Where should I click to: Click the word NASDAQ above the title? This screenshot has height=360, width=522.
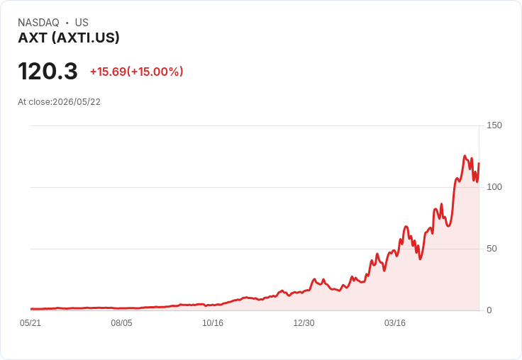click(x=38, y=23)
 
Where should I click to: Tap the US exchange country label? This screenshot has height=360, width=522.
click(x=82, y=23)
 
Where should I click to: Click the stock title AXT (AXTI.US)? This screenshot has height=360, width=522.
click(x=69, y=38)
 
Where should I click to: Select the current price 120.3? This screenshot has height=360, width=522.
click(x=48, y=71)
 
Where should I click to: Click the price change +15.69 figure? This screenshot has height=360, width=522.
click(x=109, y=72)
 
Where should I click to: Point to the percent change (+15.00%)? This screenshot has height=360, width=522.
click(x=155, y=72)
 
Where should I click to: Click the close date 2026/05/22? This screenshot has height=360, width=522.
click(x=77, y=102)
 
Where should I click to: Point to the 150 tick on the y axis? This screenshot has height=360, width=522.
click(x=494, y=125)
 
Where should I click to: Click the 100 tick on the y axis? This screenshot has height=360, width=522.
click(x=494, y=187)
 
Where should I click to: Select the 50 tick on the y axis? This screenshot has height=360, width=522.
click(x=492, y=249)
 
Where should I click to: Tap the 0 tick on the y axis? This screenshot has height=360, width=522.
click(x=489, y=310)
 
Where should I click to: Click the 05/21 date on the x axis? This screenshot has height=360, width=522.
click(x=30, y=323)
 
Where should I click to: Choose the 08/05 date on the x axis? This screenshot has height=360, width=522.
click(x=121, y=323)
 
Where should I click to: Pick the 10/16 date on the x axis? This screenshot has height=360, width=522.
click(x=213, y=323)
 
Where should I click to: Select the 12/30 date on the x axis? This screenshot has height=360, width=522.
click(x=304, y=323)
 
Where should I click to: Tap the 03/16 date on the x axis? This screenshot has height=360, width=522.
click(x=395, y=323)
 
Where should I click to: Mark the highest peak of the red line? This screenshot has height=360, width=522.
click(x=465, y=156)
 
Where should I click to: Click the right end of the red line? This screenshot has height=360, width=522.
click(x=479, y=163)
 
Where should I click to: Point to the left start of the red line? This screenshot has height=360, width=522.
click(x=31, y=309)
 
